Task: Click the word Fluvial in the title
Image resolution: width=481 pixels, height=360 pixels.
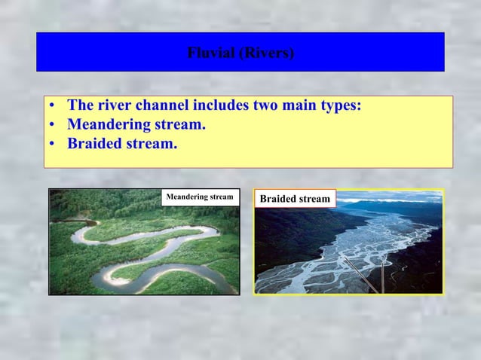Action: tap(211, 53)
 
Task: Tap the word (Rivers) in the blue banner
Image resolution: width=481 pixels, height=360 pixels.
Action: tap(266, 53)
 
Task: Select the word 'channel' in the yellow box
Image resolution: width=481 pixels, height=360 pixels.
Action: tap(164, 105)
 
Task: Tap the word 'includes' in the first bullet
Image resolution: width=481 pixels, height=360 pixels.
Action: tap(222, 105)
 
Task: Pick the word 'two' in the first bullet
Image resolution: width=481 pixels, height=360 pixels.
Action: tap(267, 105)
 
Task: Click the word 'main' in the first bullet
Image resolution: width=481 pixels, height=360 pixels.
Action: tap(301, 105)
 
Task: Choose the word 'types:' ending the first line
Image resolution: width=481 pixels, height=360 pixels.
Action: tap(341, 105)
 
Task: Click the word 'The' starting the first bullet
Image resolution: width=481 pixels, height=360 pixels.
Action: tap(81, 105)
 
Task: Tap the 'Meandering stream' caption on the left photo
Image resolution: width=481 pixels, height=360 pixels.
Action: tap(200, 197)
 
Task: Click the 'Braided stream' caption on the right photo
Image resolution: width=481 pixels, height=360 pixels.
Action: tap(295, 199)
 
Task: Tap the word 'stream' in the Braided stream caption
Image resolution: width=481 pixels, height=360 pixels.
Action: tap(314, 199)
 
